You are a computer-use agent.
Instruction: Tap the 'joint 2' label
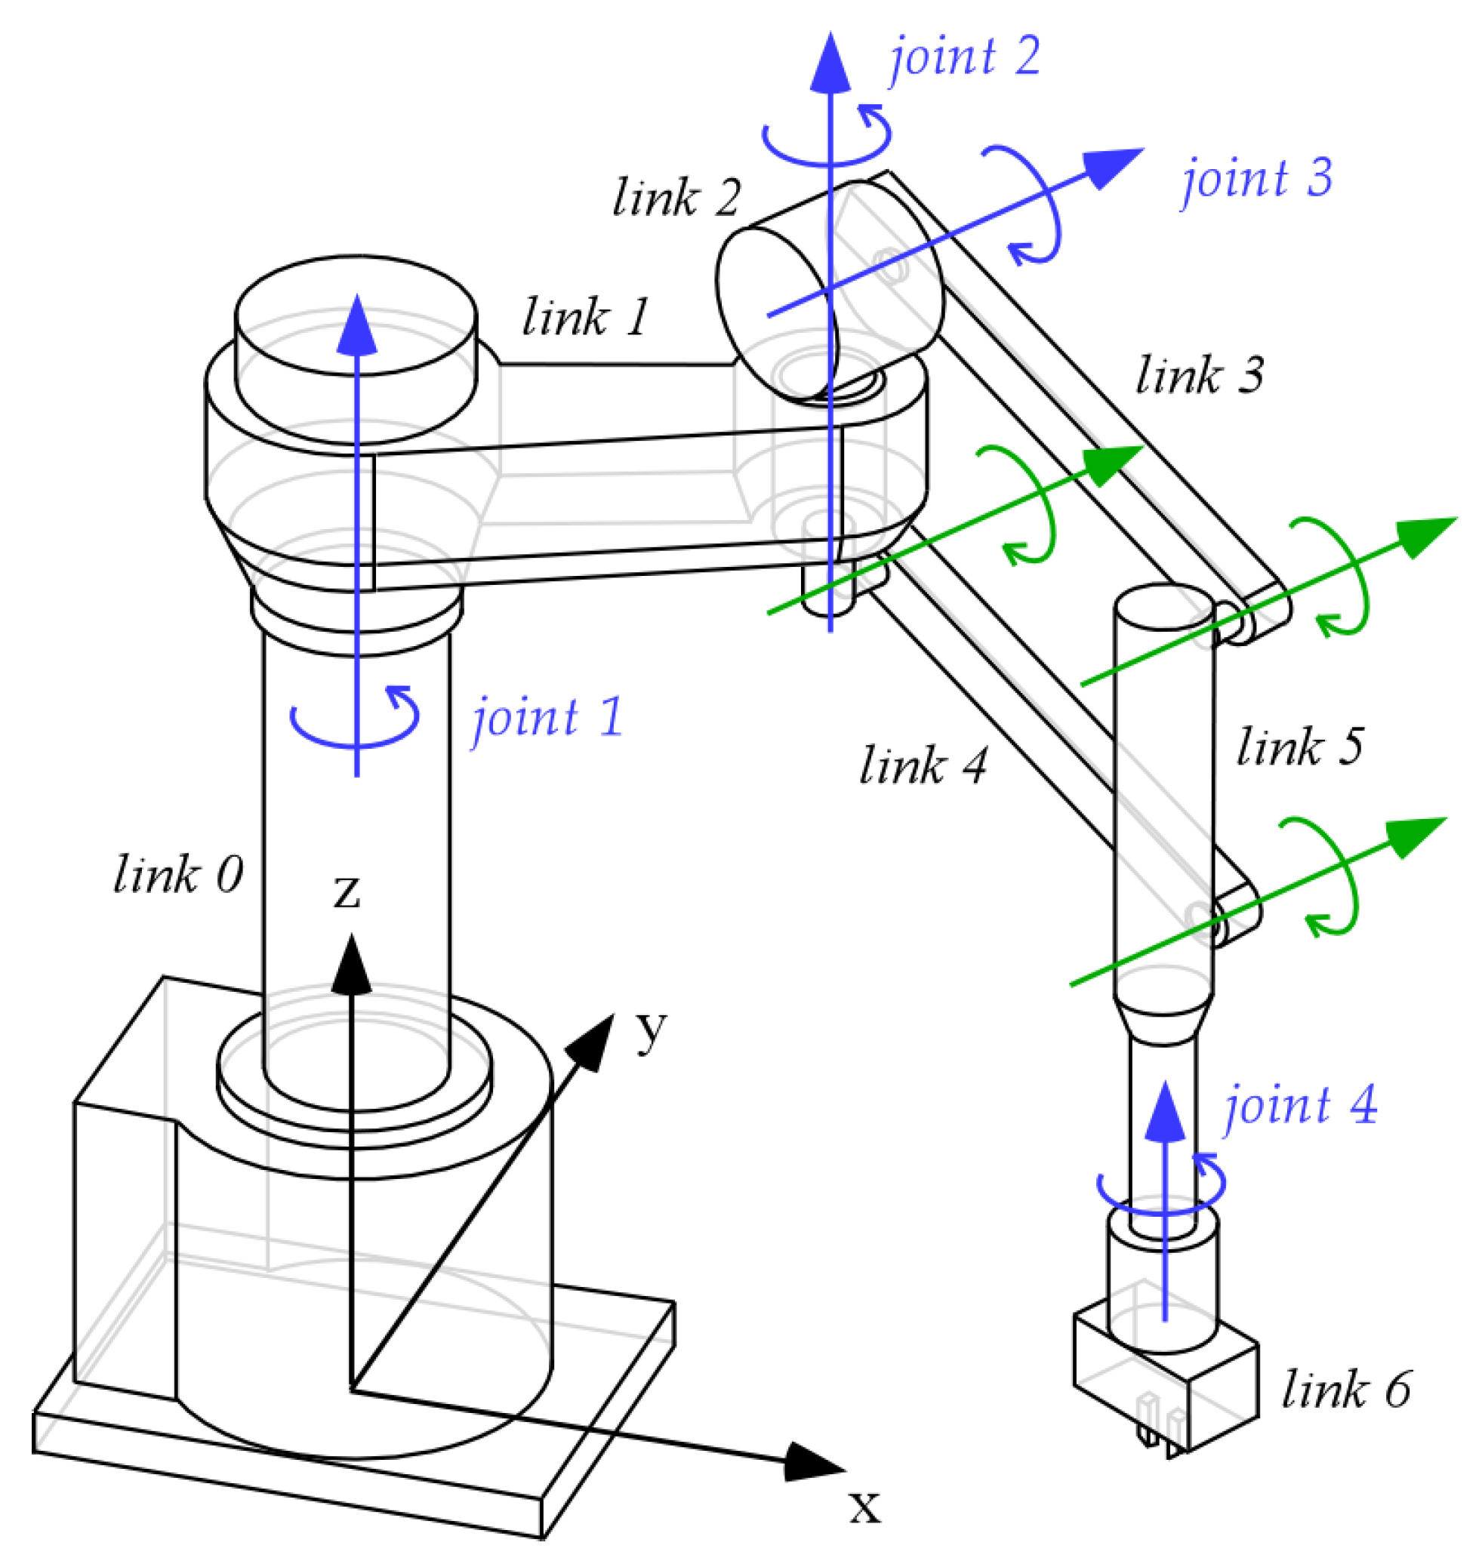click(x=965, y=57)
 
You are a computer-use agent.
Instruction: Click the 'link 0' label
click(x=178, y=875)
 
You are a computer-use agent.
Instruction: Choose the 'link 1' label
click(x=585, y=318)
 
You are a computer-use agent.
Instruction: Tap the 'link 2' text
click(x=676, y=198)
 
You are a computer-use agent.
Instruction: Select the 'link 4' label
click(x=923, y=766)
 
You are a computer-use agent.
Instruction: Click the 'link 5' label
click(x=1299, y=747)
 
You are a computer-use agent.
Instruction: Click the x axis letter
click(x=864, y=1507)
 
